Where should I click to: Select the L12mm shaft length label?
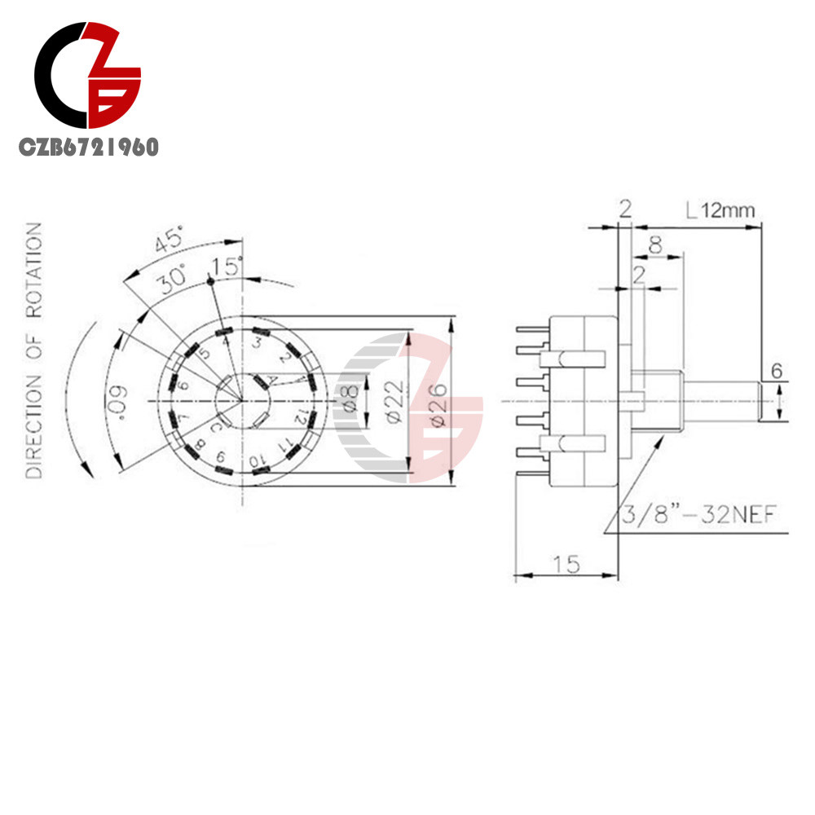[720, 211]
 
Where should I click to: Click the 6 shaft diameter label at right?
[777, 372]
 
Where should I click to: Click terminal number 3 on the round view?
[256, 343]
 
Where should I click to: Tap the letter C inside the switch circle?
[214, 427]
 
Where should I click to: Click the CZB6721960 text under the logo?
[90, 148]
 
